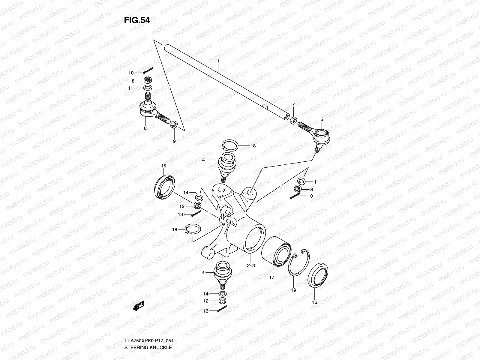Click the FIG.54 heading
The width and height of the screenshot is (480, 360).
tap(137, 20)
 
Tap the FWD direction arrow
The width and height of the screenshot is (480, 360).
tap(139, 306)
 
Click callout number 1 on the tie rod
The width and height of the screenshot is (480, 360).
tap(219, 61)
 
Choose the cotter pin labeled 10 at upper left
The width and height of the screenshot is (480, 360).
tap(148, 70)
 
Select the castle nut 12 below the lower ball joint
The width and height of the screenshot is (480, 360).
tap(223, 301)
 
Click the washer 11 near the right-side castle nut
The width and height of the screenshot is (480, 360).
tap(301, 181)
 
